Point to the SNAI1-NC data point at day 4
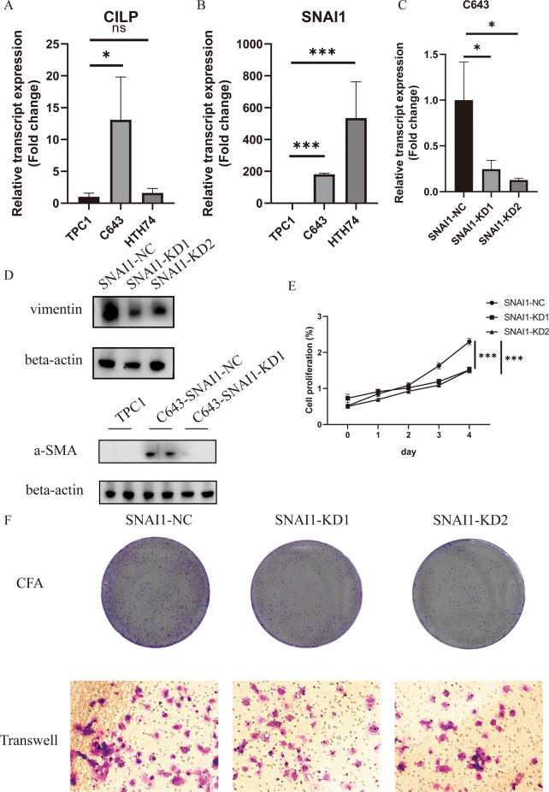pos(469,342)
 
